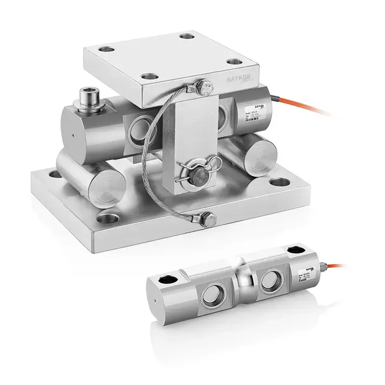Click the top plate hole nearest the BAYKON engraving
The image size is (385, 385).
point(232,62)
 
